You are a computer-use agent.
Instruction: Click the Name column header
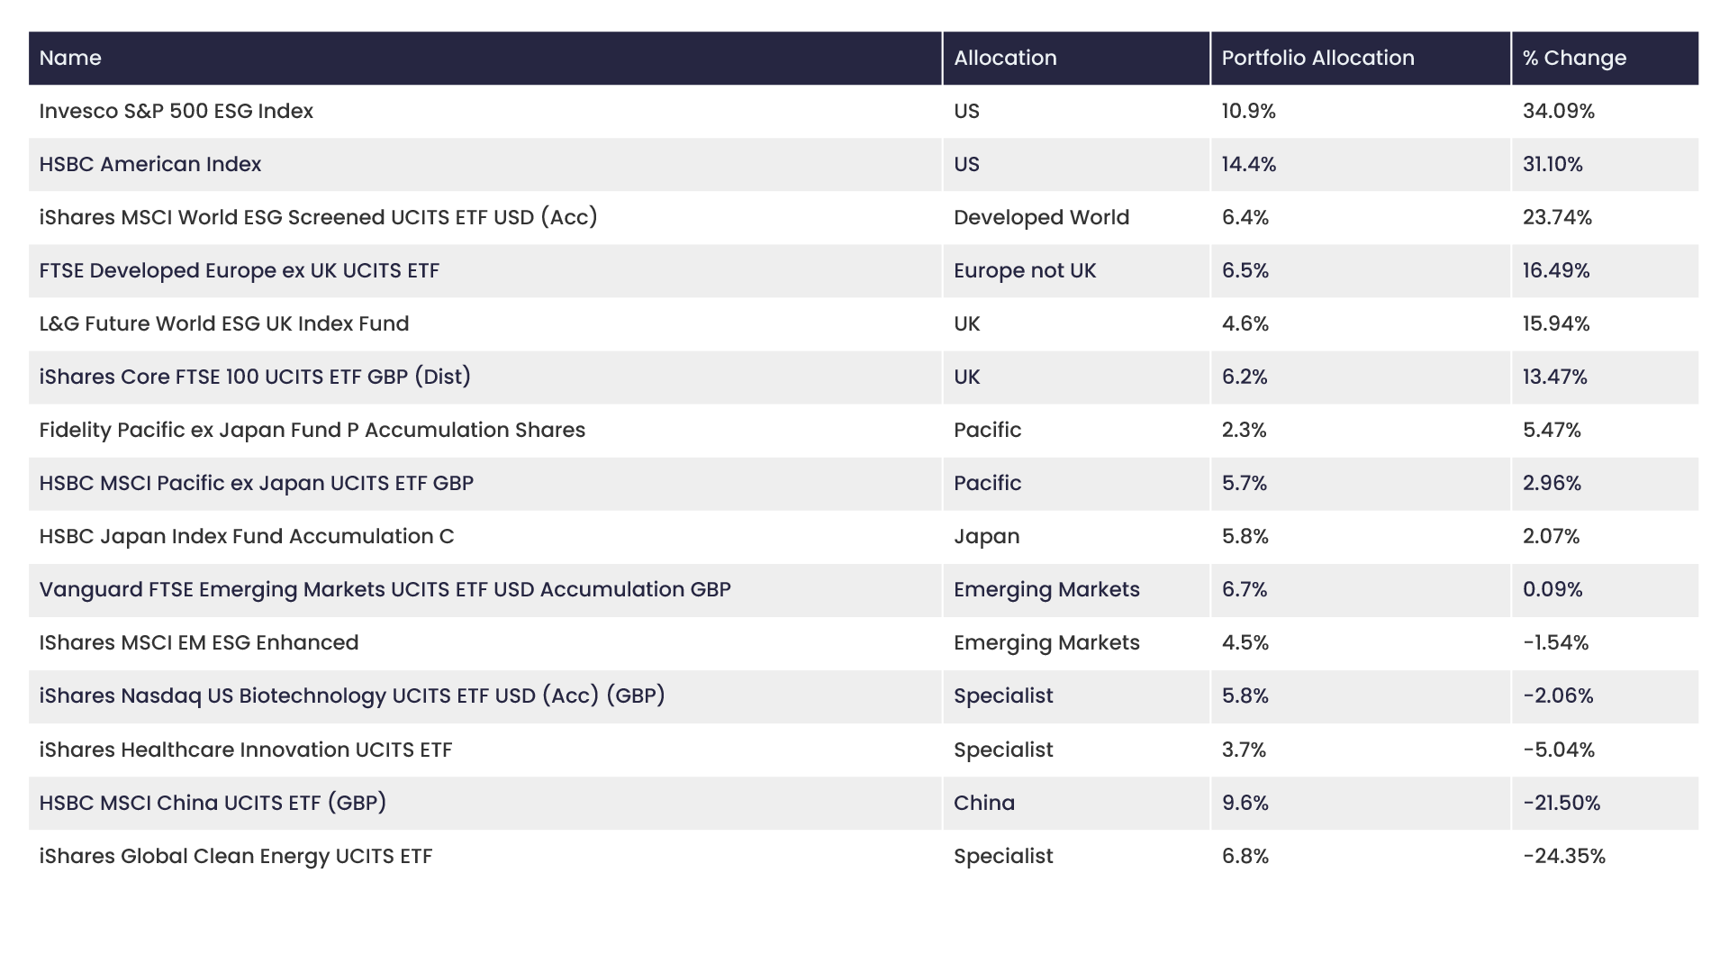70,58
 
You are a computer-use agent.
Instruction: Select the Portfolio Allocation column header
1317,58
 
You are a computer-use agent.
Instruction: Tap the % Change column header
1574,58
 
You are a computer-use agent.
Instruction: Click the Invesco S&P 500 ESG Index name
177,111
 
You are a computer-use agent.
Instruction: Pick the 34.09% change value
1558,111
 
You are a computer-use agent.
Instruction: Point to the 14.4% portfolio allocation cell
1249,164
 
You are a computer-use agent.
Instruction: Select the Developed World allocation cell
1041,217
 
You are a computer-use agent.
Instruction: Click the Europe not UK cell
1025,270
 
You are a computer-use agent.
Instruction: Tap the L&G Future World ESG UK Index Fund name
224,323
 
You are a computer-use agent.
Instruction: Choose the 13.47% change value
1554,377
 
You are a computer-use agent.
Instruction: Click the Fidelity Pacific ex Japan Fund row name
312,430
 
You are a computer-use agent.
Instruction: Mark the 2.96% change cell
1552,483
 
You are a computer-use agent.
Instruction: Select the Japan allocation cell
986,537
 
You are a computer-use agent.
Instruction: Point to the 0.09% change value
1552,589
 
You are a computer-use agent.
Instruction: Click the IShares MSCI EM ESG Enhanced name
199,642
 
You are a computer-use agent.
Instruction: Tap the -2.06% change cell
1558,696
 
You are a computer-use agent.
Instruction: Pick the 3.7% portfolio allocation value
1244,750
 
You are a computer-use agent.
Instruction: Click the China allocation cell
983,803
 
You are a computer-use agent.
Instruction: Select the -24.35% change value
1564,856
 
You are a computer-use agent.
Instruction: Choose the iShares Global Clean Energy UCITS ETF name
236,856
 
